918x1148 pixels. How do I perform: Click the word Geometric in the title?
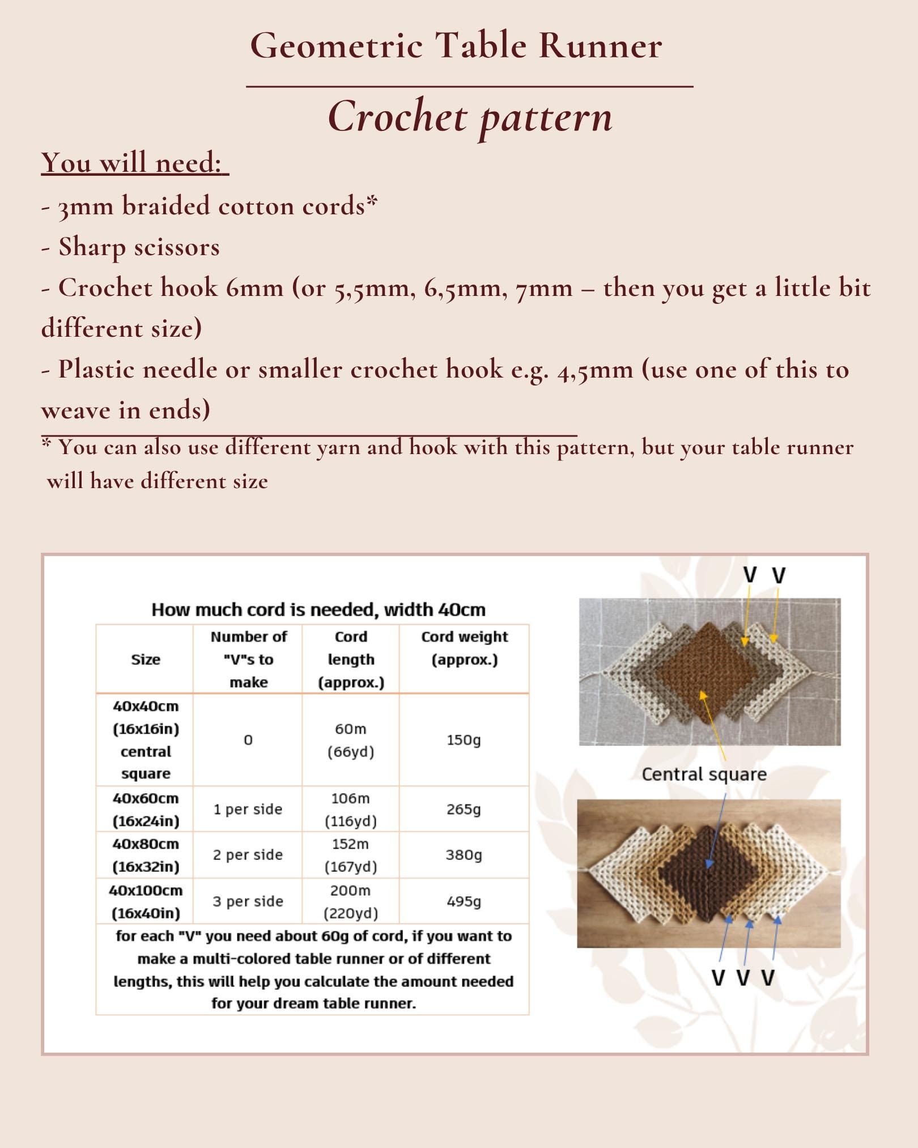tap(336, 45)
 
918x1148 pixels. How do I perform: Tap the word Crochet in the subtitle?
tap(397, 117)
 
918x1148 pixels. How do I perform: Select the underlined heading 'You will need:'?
tap(134, 163)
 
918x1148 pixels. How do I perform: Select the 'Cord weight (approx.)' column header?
tap(464, 648)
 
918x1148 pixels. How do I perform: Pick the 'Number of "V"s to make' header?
tap(248, 659)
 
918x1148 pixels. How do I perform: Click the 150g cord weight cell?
tap(464, 740)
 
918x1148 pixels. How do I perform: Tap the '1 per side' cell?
tap(248, 809)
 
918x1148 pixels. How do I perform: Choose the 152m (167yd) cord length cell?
tap(350, 855)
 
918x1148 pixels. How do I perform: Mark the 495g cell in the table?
tap(464, 901)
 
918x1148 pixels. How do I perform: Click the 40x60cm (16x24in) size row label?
tap(146, 809)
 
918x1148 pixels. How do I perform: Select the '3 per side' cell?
tap(248, 901)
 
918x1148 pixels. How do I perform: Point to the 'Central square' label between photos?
tap(704, 774)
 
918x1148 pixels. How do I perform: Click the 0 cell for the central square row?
tap(248, 740)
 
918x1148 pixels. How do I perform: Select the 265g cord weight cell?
tap(464, 809)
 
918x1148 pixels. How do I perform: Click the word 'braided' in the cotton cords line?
tap(165, 206)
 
